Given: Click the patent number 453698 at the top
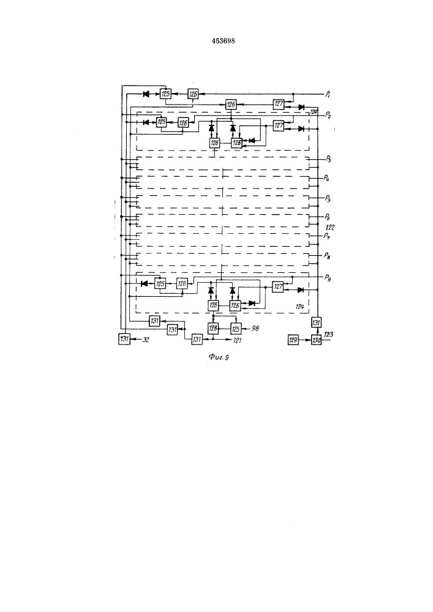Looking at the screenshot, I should [x=224, y=41].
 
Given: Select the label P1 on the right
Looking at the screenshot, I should [x=328, y=94].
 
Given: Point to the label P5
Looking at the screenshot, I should [x=328, y=199].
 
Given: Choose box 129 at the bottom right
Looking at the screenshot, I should [x=293, y=340].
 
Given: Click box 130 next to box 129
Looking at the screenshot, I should [x=316, y=340].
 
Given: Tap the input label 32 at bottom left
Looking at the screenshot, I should [x=147, y=340].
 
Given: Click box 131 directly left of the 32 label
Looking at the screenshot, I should [x=124, y=340].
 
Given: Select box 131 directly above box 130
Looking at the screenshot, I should [x=317, y=323].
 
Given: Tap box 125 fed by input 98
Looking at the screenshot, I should [x=235, y=329].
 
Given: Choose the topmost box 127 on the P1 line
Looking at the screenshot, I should [x=279, y=103].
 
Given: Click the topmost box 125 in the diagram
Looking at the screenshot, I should [x=165, y=94].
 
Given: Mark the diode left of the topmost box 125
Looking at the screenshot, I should [x=146, y=94].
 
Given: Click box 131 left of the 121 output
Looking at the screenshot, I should [x=197, y=339].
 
